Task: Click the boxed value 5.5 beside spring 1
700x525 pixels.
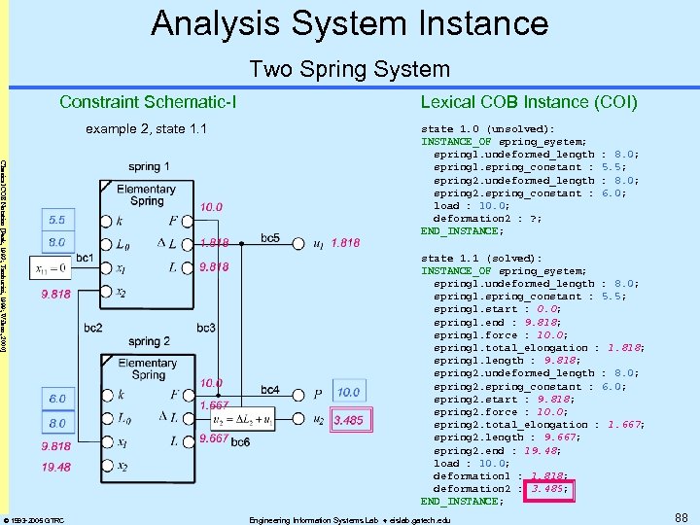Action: (57, 221)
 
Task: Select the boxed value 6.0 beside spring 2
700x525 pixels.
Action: (57, 399)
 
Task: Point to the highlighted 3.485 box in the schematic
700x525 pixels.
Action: (348, 420)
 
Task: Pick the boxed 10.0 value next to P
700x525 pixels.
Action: (348, 392)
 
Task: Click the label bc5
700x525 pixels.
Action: (270, 238)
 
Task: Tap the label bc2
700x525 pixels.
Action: (93, 329)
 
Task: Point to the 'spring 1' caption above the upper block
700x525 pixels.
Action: (148, 167)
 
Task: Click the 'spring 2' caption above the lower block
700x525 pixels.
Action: (149, 341)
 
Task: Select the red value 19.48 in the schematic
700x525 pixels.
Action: (55, 467)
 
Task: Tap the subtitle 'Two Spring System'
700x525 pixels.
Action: (350, 69)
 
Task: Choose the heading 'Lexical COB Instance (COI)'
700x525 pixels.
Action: (529, 102)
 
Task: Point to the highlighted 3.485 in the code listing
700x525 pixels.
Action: (551, 489)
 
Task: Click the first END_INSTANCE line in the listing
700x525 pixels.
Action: (463, 231)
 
